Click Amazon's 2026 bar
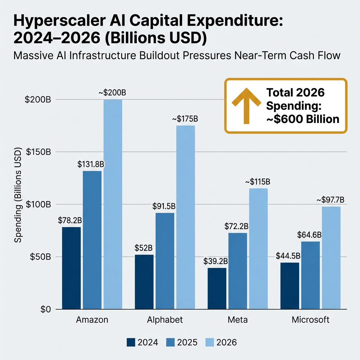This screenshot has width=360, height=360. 113,204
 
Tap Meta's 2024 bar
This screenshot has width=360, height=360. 217,288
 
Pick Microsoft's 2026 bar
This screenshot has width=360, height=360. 331,258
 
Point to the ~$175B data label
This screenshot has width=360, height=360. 185,119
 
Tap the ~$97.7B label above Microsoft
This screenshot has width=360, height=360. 330,200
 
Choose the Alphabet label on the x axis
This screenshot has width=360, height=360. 165,320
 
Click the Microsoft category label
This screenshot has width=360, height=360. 310,320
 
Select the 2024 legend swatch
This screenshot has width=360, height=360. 131,342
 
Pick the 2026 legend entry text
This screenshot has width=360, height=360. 227,342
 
